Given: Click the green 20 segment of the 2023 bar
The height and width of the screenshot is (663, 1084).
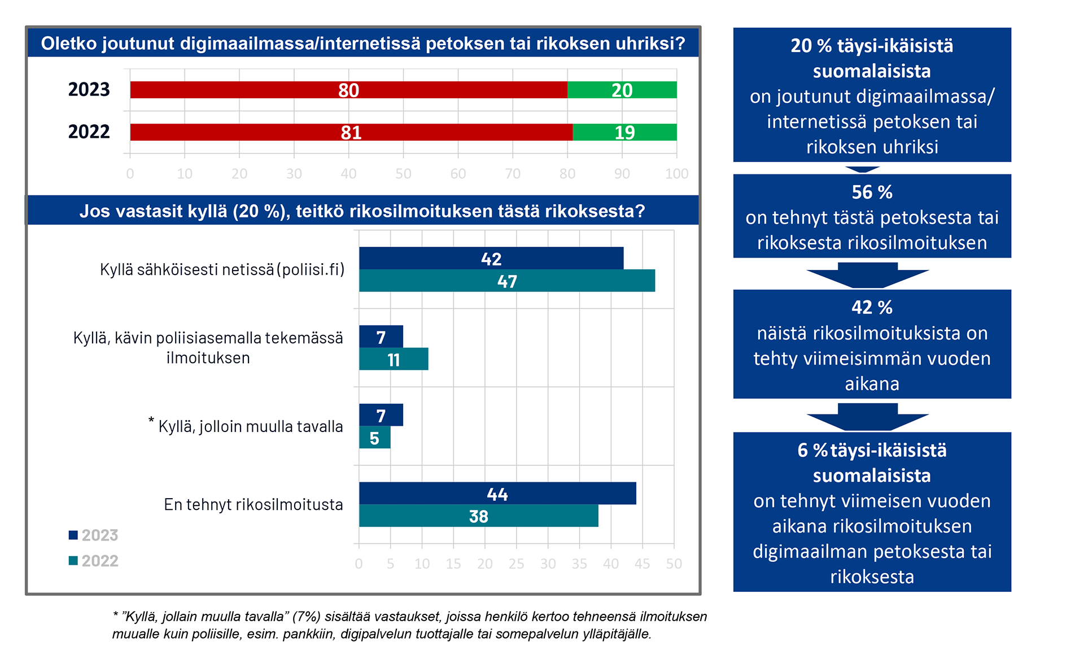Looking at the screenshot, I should pos(622,90).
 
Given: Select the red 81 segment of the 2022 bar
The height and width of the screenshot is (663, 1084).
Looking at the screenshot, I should pos(351,132).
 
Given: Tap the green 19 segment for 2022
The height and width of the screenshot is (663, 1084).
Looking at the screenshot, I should pos(624,132).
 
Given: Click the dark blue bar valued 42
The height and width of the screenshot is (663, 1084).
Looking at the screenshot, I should pos(491,258).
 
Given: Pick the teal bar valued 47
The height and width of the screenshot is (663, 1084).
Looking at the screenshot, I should pos(507,281).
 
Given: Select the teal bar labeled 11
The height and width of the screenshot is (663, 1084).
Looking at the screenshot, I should pos(394,359).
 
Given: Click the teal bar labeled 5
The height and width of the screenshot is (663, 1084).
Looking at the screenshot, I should pos(374,438).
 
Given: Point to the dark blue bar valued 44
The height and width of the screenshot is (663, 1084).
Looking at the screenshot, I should pos(497,494).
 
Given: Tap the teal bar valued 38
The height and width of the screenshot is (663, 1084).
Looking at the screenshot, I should pos(478,516).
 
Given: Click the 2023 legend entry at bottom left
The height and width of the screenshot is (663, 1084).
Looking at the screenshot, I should pos(94,535).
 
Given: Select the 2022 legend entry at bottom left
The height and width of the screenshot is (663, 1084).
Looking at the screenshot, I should pos(94,561).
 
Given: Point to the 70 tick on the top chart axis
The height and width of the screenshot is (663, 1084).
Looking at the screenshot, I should pos(513,174).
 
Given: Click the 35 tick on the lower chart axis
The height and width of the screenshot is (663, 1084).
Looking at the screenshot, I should pos(579,564).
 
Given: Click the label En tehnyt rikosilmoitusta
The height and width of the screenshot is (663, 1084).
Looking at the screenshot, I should pos(253,504).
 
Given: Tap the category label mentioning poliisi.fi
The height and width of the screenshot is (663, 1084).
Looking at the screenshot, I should pos(222,269).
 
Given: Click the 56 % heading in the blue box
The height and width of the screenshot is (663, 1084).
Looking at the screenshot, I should pos(872,193).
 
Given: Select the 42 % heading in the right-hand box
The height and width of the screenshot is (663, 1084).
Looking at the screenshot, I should pos(872,308).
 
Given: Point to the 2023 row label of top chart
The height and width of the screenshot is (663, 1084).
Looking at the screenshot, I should pos(89,90).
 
